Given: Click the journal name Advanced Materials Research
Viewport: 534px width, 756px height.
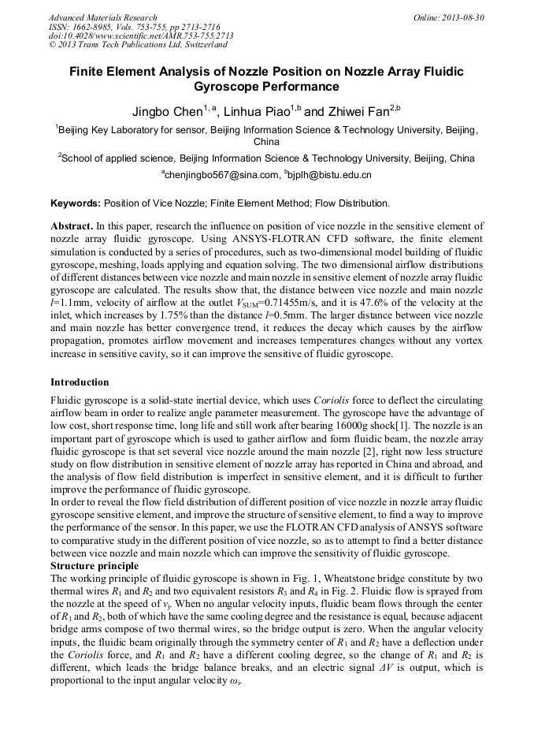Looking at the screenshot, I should pyautogui.click(x=102, y=17).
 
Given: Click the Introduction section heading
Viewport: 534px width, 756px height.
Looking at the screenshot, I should pyautogui.click(x=80, y=382).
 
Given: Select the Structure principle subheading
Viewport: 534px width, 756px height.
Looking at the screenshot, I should pyautogui.click(x=95, y=566).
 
